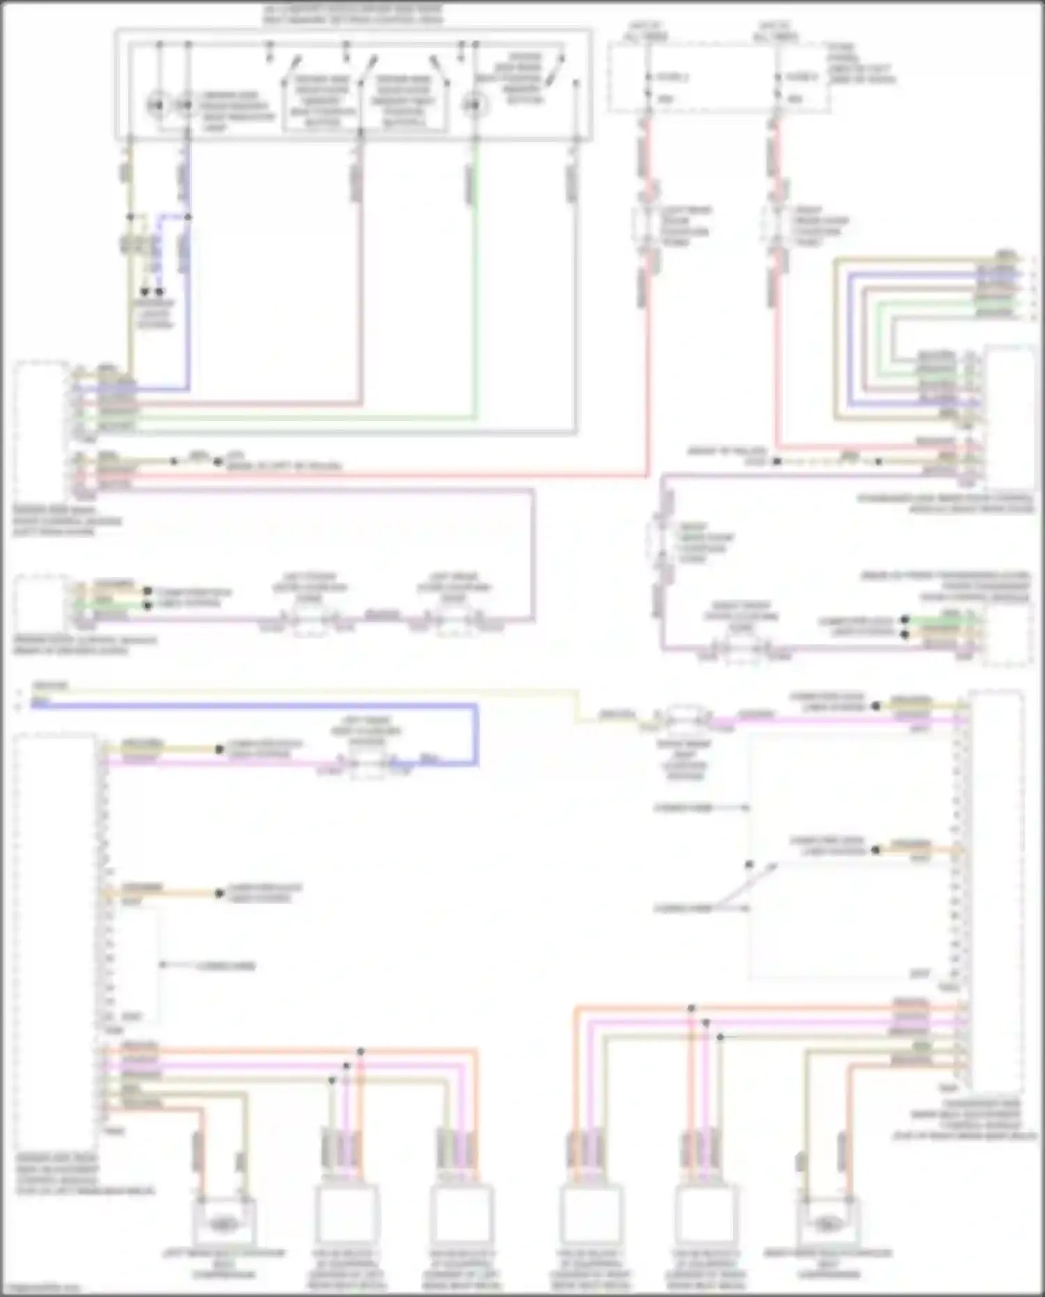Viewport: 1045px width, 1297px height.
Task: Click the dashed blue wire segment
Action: pyautogui.click(x=159, y=251)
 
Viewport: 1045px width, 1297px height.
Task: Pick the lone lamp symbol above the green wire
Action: pyautogui.click(x=474, y=105)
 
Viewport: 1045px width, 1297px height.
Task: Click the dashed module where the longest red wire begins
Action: pyautogui.click(x=42, y=429)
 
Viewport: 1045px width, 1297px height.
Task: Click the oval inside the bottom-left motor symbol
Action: pyautogui.click(x=222, y=1222)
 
